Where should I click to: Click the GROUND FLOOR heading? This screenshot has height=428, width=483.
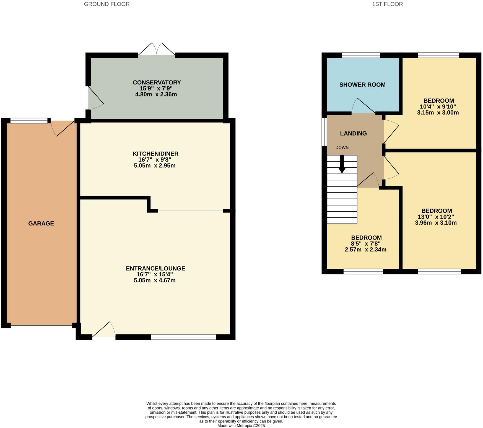click(107, 4)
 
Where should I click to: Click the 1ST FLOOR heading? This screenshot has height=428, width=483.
click(387, 4)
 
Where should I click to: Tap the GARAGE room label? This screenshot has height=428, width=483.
click(41, 224)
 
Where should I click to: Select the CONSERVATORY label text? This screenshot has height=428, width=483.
click(157, 82)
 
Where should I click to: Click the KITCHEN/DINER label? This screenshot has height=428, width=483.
click(155, 154)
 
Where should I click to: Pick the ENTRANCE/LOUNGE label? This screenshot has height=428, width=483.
click(155, 268)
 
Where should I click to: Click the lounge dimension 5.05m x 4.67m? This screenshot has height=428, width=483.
click(155, 281)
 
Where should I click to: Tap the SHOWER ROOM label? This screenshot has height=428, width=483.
click(362, 85)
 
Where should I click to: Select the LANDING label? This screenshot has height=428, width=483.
click(353, 134)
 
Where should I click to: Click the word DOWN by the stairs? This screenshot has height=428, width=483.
click(342, 148)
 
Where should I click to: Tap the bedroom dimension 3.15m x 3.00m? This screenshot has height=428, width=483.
click(438, 113)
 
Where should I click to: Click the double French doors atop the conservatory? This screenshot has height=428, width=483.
click(157, 50)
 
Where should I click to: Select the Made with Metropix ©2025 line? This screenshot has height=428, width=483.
click(241, 426)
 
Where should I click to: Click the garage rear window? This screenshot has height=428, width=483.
click(29, 121)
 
